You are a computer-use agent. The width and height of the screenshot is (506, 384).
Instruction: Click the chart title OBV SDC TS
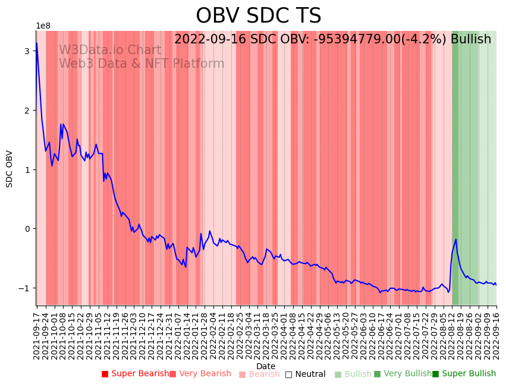pyautogui.click(x=258, y=16)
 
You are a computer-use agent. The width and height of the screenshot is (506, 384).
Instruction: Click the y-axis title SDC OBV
pyautogui.click(x=10, y=168)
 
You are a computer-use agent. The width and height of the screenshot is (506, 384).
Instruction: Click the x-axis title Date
pyautogui.click(x=266, y=366)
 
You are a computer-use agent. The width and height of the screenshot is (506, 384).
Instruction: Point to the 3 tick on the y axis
pyautogui.click(x=27, y=51)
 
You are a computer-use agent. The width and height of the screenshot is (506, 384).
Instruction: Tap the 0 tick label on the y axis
pyautogui.click(x=27, y=229)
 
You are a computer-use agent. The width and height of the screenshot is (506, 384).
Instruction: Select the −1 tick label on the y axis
pyautogui.click(x=24, y=288)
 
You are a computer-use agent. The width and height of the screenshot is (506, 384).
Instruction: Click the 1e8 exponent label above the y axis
pyautogui.click(x=43, y=26)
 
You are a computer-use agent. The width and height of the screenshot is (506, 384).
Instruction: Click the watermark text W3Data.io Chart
pyautogui.click(x=109, y=50)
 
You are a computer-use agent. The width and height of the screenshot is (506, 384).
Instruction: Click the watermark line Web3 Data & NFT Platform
pyautogui.click(x=142, y=64)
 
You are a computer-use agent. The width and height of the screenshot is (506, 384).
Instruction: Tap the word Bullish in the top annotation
pyautogui.click(x=471, y=39)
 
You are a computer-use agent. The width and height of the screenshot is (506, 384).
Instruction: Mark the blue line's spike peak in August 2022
pyautogui.click(x=456, y=240)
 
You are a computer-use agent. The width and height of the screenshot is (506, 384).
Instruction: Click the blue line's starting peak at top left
pyautogui.click(x=36, y=43)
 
